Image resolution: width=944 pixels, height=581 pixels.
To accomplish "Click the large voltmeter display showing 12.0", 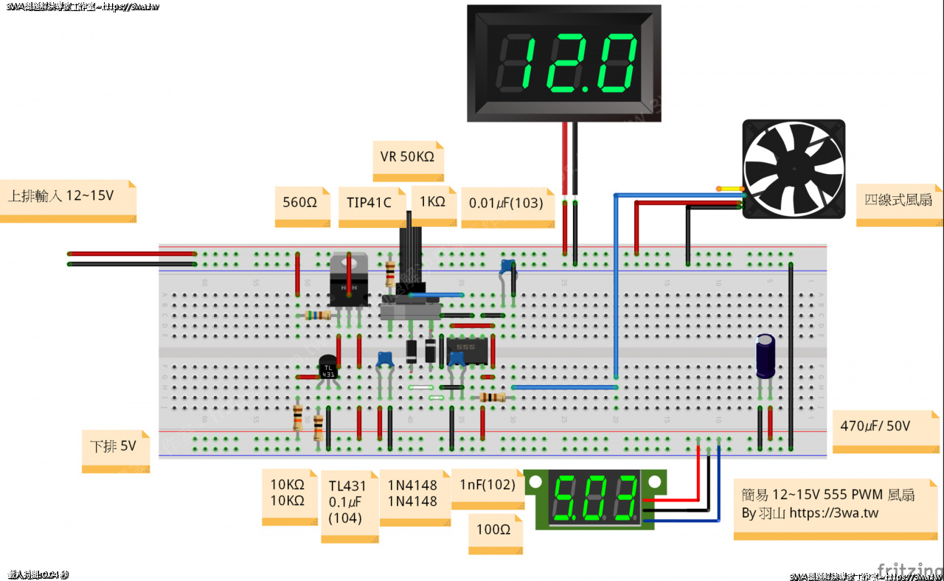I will coord(565,62).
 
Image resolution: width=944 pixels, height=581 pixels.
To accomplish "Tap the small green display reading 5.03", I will coord(596,498).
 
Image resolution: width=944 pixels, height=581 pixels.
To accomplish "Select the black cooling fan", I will coord(793,170).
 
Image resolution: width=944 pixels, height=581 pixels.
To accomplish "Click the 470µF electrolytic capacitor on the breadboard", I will coord(766,357).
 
